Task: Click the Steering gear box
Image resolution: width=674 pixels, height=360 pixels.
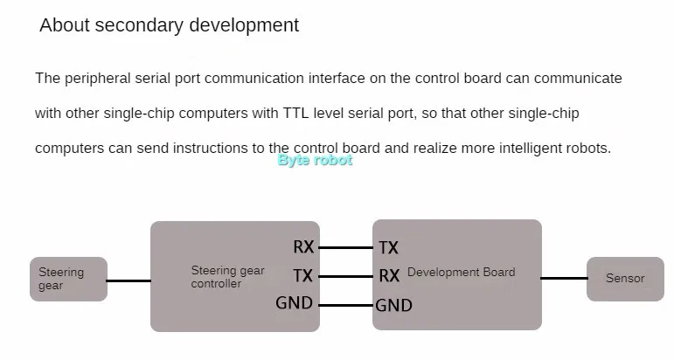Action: tap(68, 279)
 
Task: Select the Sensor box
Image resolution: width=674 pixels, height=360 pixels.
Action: tap(625, 279)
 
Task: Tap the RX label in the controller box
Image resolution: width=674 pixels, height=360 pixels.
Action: tap(303, 247)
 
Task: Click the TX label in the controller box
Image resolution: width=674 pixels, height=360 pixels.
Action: tap(303, 276)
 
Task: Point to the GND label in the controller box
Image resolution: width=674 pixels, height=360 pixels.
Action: tap(294, 304)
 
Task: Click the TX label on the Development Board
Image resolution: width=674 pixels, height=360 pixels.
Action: tap(388, 248)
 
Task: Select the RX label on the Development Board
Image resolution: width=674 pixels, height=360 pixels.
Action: tap(389, 276)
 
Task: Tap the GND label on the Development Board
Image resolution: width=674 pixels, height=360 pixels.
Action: tap(393, 306)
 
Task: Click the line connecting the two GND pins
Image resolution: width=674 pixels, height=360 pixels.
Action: tap(344, 305)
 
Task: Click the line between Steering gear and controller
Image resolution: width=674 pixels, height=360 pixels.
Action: tap(129, 280)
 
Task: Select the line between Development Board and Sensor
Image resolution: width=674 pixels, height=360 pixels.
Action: tap(564, 279)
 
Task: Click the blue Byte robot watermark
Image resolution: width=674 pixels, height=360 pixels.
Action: tap(315, 161)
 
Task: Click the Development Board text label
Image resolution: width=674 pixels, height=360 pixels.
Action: tap(461, 273)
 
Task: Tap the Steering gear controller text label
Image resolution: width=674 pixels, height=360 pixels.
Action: tap(227, 277)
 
